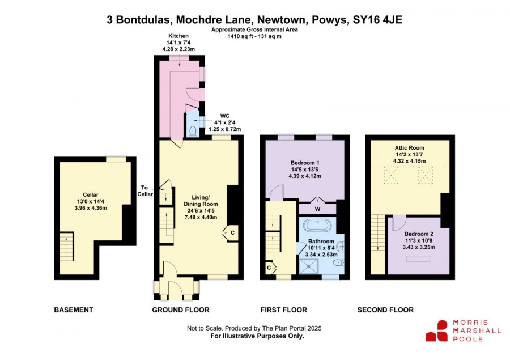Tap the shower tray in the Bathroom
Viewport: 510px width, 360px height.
point(308,266)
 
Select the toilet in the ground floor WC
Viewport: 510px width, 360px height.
point(193,131)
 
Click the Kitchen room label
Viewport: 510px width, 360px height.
point(178,36)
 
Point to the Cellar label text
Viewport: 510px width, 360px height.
point(91,194)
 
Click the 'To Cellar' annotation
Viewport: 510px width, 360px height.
point(144,190)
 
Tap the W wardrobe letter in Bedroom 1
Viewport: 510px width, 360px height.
point(317,209)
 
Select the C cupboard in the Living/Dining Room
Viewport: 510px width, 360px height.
point(231,233)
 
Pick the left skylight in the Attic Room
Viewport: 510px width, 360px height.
point(391,175)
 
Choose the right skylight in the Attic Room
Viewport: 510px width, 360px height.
point(426,175)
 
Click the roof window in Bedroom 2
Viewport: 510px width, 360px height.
point(419,259)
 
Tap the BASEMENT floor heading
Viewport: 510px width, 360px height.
point(74,310)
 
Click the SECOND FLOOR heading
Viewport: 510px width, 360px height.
point(385,310)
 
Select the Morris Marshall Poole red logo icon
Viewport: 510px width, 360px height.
point(437,331)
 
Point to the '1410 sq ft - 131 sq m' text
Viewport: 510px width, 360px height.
point(254,36)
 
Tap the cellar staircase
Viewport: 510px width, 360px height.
point(67,246)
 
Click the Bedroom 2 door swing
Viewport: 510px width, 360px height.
point(399,223)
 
